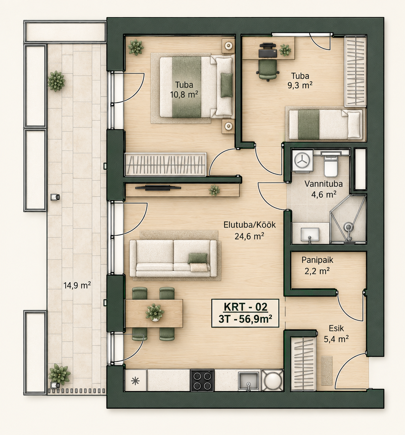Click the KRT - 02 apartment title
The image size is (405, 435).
pos(246,307)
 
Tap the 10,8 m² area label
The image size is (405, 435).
pos(184,95)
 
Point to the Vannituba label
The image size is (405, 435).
pos(323,184)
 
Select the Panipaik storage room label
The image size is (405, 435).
pos(317,260)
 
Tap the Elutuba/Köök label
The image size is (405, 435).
pos(250,225)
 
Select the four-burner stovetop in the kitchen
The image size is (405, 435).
pos(202,380)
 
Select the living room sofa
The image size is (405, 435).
pos(173,258)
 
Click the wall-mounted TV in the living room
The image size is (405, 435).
pos(158,187)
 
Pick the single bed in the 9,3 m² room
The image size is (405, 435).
pos(326,124)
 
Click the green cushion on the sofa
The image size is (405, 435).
pos(197,258)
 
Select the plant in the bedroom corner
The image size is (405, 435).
pos(136,47)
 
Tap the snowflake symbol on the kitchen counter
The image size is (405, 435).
pos(135,381)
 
